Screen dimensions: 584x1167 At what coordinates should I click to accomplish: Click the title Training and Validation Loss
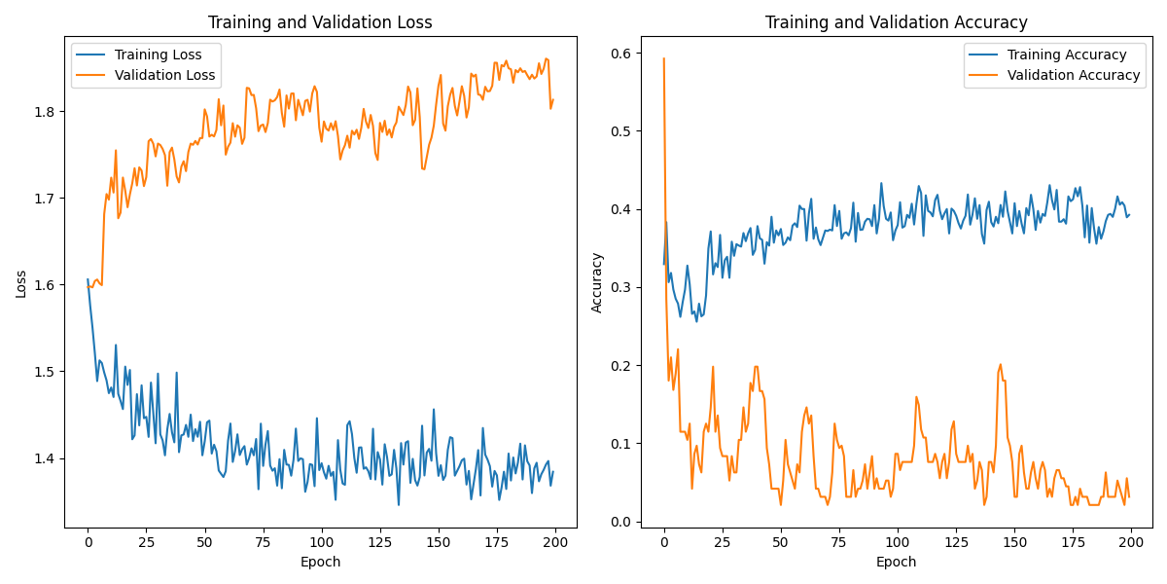pyautogui.click(x=321, y=22)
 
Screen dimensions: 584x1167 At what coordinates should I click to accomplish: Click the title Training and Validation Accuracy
pyautogui.click(x=896, y=22)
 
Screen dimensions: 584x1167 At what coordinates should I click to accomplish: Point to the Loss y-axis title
pyautogui.click(x=20, y=283)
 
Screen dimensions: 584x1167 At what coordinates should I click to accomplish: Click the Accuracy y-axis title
pyautogui.click(x=596, y=283)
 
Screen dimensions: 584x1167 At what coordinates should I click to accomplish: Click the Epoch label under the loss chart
pyautogui.click(x=321, y=563)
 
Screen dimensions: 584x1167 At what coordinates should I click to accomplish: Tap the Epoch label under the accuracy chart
pyautogui.click(x=896, y=563)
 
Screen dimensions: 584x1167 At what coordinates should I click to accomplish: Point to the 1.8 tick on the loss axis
pyautogui.click(x=46, y=111)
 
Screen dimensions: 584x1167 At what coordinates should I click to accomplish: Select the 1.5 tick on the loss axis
pyautogui.click(x=46, y=372)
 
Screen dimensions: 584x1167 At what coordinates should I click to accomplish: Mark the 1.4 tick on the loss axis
pyautogui.click(x=46, y=458)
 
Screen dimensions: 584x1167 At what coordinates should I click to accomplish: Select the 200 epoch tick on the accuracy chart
pyautogui.click(x=1131, y=541)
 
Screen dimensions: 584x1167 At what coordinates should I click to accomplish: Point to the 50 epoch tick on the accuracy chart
pyautogui.click(x=781, y=541)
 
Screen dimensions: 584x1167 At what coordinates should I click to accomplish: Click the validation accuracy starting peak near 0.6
pyautogui.click(x=664, y=59)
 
